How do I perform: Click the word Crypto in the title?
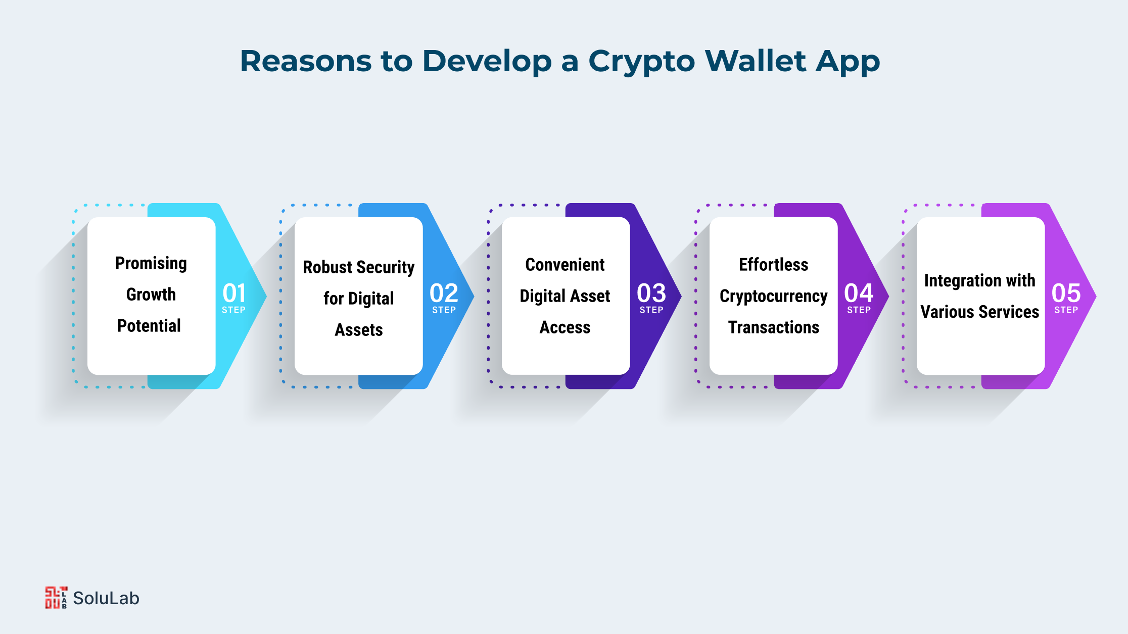(642, 62)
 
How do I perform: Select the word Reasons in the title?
(306, 61)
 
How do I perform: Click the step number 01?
(234, 293)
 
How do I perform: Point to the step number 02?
(444, 293)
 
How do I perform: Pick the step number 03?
(651, 293)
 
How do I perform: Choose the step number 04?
(859, 293)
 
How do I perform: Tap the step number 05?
(1066, 293)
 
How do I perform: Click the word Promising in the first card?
(151, 264)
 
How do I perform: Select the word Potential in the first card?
(149, 326)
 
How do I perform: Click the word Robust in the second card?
(328, 267)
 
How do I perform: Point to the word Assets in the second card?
(359, 330)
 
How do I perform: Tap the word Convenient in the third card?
(565, 265)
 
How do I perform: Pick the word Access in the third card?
(565, 327)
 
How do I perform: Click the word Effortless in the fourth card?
(774, 265)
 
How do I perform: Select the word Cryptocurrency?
(774, 297)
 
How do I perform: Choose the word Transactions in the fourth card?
(774, 327)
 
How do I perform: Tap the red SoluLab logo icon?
(56, 598)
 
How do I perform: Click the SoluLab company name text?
(106, 598)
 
